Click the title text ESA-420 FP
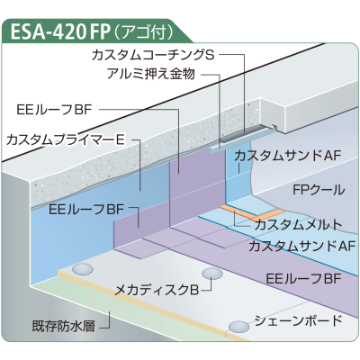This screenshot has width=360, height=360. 59,31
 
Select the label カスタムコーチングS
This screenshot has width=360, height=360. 153,55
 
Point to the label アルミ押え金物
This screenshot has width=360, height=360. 151,74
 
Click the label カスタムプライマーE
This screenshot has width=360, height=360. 66,140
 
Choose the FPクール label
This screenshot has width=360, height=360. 319,190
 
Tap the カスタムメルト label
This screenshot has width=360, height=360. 298,225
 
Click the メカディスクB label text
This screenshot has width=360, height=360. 157,290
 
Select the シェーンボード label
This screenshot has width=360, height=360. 298,320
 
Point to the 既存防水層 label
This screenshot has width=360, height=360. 63,326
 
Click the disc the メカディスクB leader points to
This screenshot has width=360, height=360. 212,274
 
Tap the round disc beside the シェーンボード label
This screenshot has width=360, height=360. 238,326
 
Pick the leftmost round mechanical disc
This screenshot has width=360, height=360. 82,268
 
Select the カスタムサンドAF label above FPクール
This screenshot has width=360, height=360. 288,156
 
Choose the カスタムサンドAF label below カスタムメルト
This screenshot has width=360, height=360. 302,247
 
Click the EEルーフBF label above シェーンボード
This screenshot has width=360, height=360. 303,279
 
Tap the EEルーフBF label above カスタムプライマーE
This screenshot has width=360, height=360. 54,110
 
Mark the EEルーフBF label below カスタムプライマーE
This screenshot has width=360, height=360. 86,209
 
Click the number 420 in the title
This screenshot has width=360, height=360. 68,31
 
